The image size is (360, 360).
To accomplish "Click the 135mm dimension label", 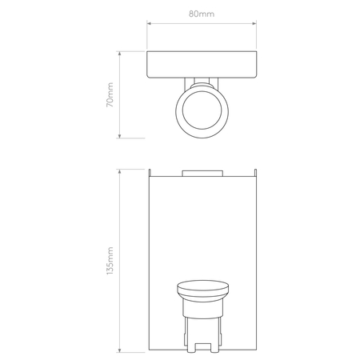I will click(x=111, y=261).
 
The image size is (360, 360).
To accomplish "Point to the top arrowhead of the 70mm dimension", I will click(x=121, y=54).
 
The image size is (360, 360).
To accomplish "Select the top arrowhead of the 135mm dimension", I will click(x=121, y=170).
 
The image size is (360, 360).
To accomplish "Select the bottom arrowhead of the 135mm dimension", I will click(x=121, y=351).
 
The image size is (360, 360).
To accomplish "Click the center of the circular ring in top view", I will click(x=202, y=109).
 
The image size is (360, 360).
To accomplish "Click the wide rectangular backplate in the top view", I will click(x=202, y=64).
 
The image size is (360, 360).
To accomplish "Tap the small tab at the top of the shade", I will click(x=202, y=172).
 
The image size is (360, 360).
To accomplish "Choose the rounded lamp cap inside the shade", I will click(x=202, y=289).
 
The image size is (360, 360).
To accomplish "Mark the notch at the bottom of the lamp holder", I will click(x=202, y=347).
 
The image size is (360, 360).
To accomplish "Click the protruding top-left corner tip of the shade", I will click(x=150, y=170).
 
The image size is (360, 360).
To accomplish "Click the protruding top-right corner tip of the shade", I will click(x=255, y=170).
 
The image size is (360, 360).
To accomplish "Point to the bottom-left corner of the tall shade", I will click(x=150, y=351).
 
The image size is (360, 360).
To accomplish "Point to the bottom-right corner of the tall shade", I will click(x=255, y=351).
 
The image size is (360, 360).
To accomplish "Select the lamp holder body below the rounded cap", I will click(x=202, y=324).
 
